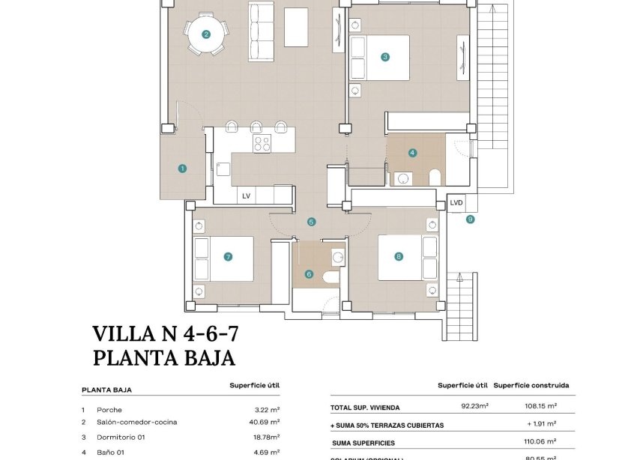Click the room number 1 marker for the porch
pyautogui.click(x=182, y=169)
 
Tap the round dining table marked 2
pyautogui.click(x=206, y=34)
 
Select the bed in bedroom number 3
pyautogui.click(x=382, y=57)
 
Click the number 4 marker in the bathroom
pyautogui.click(x=412, y=153)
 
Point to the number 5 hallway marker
pyautogui.click(x=311, y=222)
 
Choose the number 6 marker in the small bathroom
pyautogui.click(x=309, y=274)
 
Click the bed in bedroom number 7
pyautogui.click(x=225, y=258)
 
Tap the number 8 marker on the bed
pyautogui.click(x=399, y=256)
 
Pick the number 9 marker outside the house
pyautogui.click(x=471, y=220)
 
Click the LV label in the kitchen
pyautogui.click(x=245, y=196)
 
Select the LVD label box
pyautogui.click(x=456, y=202)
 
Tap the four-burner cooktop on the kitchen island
pyautogui.click(x=262, y=143)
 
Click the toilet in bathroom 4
pyautogui.click(x=434, y=178)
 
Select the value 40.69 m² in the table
pyautogui.click(x=267, y=422)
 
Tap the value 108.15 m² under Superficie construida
pyautogui.click(x=540, y=407)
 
